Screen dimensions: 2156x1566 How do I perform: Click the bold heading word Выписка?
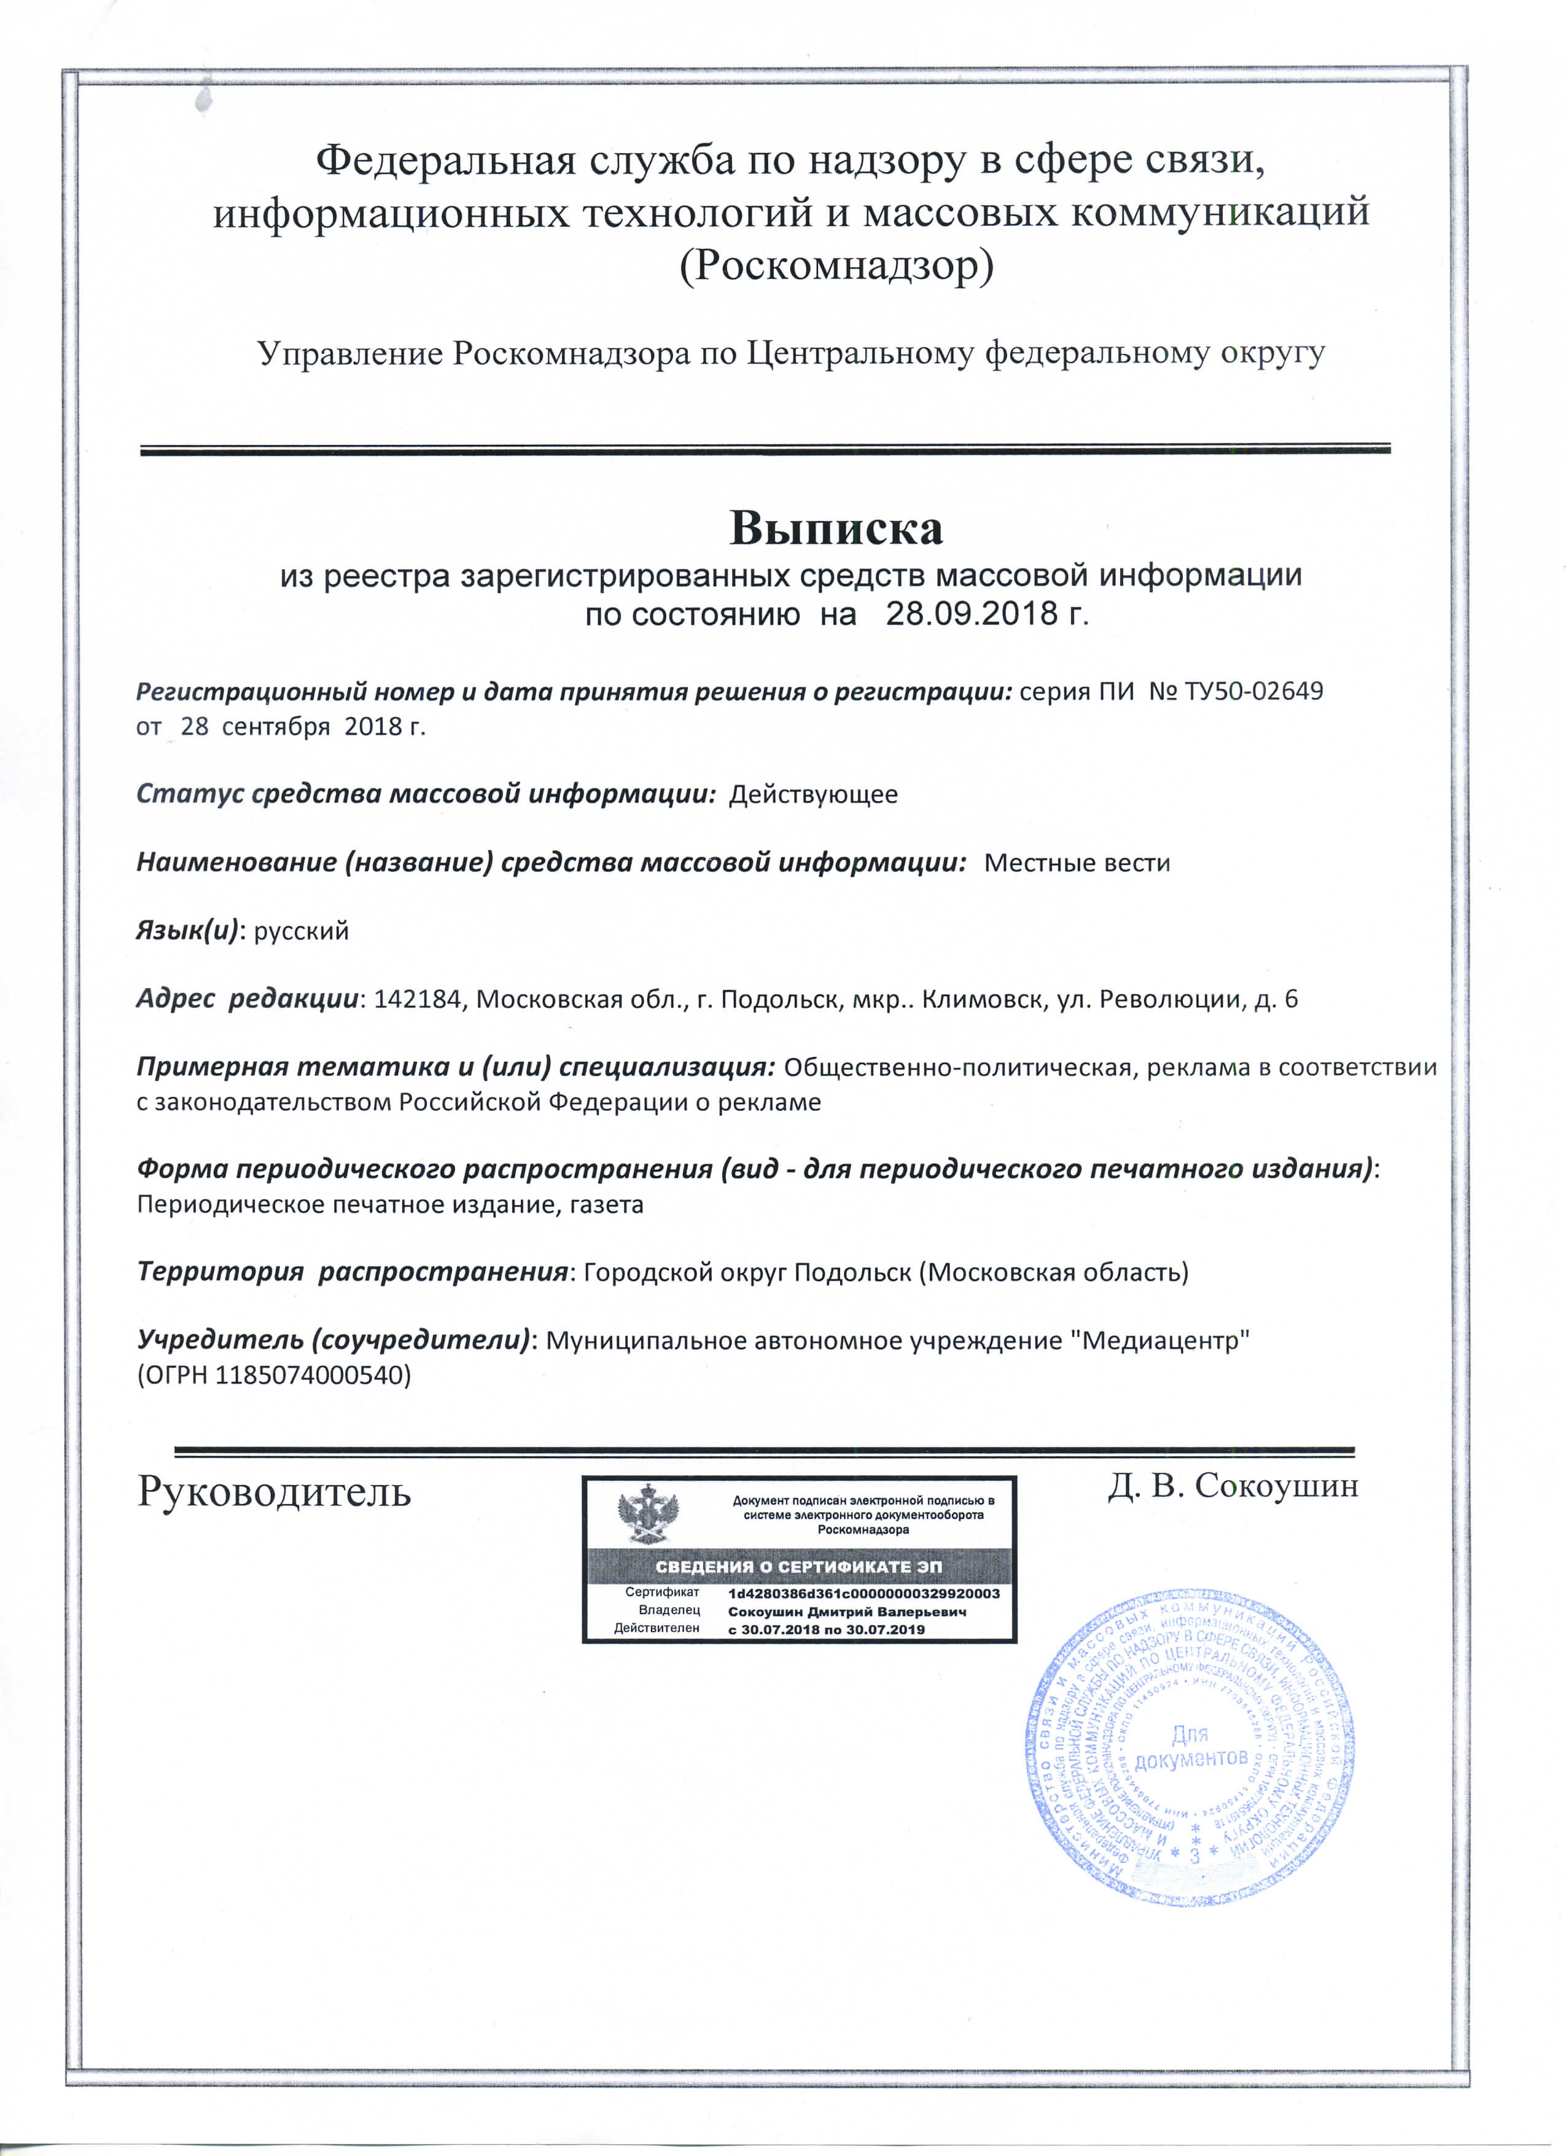click(x=836, y=528)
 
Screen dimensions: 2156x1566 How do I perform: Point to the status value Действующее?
click(x=812, y=794)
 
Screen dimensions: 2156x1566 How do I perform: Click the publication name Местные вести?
click(x=1077, y=863)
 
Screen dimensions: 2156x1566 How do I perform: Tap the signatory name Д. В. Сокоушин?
click(x=1233, y=1485)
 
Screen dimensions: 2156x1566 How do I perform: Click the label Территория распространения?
click(x=353, y=1272)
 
